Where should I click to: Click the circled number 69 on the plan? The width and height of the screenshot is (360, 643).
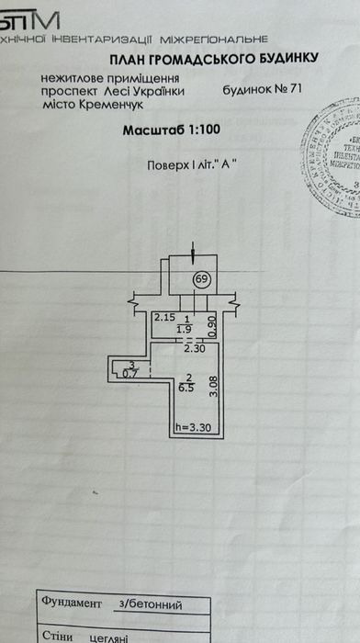pyautogui.click(x=199, y=279)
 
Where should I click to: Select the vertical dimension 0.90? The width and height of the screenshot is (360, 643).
pyautogui.click(x=210, y=322)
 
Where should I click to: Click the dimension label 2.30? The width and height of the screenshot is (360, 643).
pyautogui.click(x=193, y=349)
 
